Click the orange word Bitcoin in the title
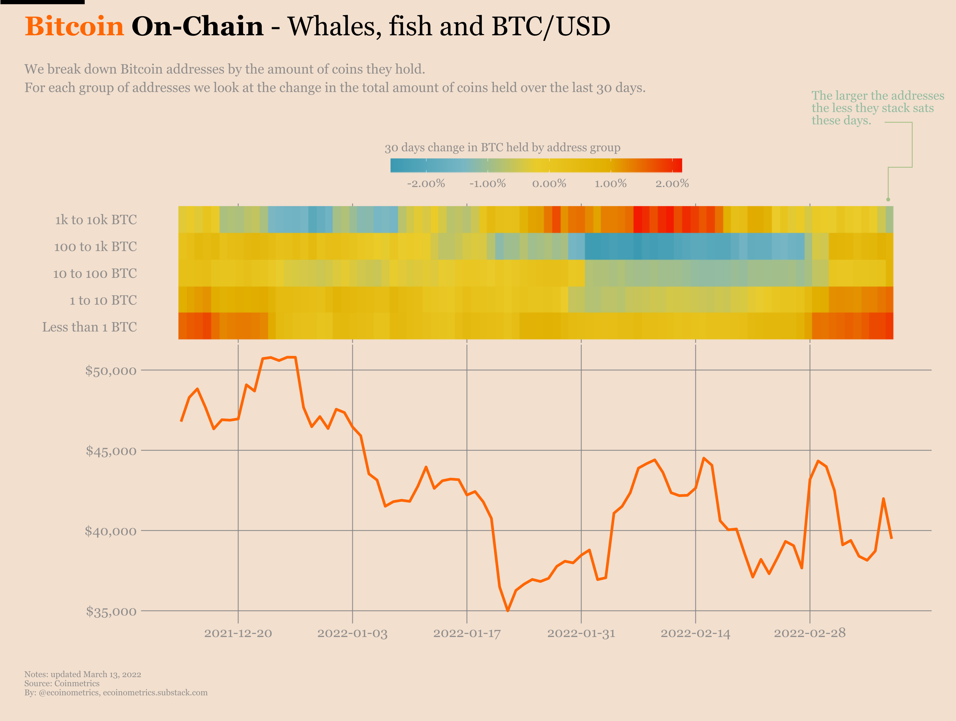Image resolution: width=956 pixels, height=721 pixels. pos(74,26)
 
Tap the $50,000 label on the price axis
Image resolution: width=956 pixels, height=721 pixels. pos(111,371)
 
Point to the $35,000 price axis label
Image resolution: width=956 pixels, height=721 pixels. pos(111,612)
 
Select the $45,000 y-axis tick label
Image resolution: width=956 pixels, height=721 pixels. pos(111,451)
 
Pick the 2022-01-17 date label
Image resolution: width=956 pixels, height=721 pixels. pos(467,634)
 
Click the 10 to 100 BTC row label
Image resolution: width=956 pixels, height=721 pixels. pos(95,274)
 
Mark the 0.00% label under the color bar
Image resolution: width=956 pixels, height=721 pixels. pos(549,184)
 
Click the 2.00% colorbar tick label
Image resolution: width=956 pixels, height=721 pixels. pos(672,184)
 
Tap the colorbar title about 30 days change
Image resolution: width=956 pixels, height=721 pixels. pos(502,148)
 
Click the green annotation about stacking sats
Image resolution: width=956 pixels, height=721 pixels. pos(877,108)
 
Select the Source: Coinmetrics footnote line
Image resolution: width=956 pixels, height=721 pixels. pos(62,683)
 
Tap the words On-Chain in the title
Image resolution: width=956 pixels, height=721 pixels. pos(198,26)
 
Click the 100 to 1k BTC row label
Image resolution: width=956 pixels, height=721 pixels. pos(95,247)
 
